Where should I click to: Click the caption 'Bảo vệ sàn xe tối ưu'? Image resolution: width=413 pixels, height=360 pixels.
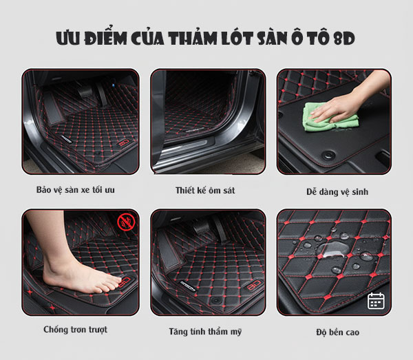pos(75,190)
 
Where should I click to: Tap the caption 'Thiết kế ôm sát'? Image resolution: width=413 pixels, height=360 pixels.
pos(205,191)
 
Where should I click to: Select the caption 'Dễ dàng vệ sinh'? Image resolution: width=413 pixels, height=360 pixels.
pos(337,192)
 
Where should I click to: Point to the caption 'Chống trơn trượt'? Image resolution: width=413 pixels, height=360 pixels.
pos(75,330)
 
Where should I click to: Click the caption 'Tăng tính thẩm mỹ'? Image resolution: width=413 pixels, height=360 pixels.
pos(205,332)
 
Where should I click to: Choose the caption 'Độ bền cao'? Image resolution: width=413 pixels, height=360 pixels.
pos(338,332)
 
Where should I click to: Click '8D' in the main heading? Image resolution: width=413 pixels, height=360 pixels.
pos(344,39)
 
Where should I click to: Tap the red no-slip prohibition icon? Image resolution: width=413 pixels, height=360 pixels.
pos(126,222)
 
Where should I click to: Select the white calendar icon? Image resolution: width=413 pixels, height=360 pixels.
pos(376,301)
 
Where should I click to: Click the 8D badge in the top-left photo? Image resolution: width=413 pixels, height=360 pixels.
pos(125,143)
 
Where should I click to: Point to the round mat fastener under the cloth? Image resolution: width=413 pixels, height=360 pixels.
pos(329,155)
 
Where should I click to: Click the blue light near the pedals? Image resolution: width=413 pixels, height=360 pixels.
pos(113,85)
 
